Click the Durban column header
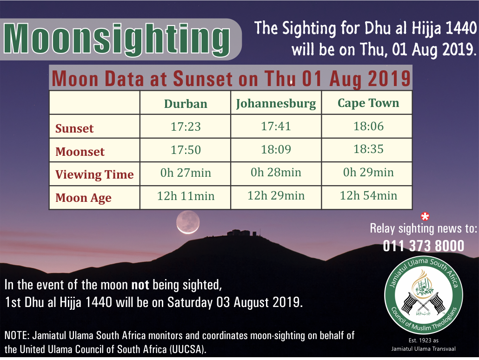[x=186, y=104]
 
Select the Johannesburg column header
[x=276, y=104]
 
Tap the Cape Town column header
[x=368, y=103]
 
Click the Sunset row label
[x=74, y=128]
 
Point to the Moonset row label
[x=80, y=152]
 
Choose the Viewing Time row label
[x=94, y=174]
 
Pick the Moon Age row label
[x=83, y=198]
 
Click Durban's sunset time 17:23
[x=186, y=127]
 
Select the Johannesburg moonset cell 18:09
[x=276, y=149]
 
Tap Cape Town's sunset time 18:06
[x=368, y=126]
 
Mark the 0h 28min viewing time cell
[x=276, y=173]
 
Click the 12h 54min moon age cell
[x=368, y=196]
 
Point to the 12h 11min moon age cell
[x=186, y=196]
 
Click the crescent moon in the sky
[x=188, y=222]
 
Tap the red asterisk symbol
[x=425, y=216]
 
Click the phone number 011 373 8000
[x=423, y=246]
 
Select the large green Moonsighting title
[x=117, y=39]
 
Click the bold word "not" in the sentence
[x=140, y=285]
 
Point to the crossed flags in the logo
[x=423, y=303]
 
